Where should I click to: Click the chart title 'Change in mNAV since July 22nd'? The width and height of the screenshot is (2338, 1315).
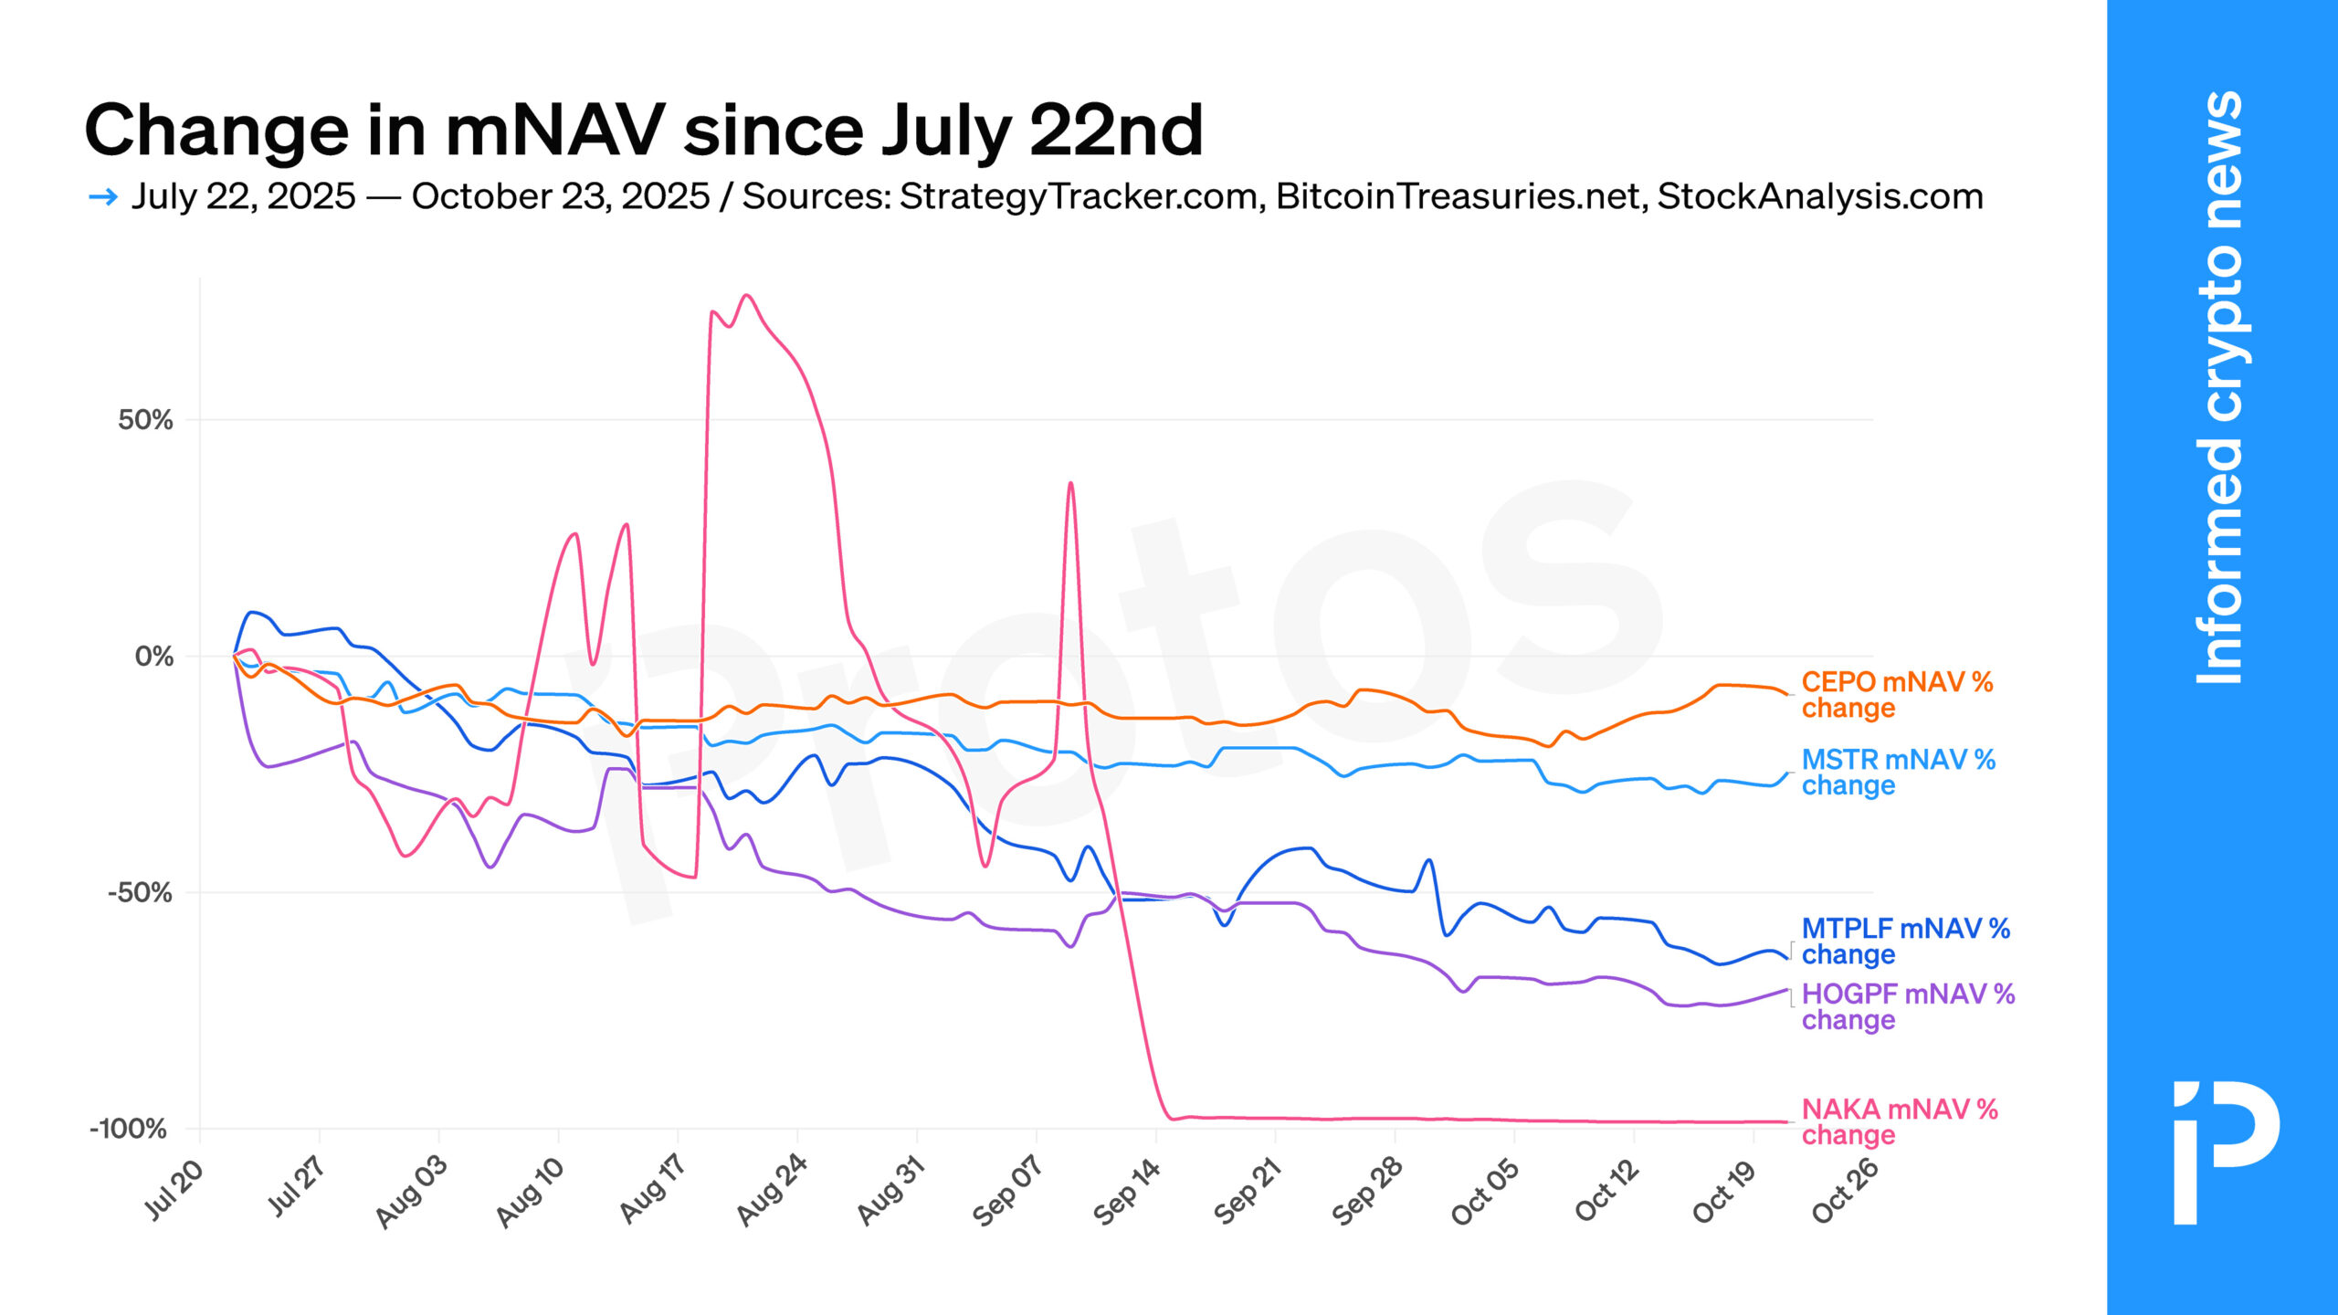[643, 131]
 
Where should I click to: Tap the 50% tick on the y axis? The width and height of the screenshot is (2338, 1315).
[145, 420]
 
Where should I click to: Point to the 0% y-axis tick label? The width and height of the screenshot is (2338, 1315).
[153, 656]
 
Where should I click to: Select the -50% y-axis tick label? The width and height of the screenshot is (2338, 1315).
[140, 892]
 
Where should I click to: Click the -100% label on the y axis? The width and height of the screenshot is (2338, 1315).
[129, 1129]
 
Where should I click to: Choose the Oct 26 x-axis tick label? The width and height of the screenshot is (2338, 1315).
[1845, 1190]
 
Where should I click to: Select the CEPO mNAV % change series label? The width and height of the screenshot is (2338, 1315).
[1896, 695]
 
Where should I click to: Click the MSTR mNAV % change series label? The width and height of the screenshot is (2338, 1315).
[1898, 773]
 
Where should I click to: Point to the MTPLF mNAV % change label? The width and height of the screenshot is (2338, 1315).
[1905, 942]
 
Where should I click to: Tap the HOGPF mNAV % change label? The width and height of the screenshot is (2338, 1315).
[1907, 1006]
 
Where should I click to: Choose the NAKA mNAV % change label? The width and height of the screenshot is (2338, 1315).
[1899, 1121]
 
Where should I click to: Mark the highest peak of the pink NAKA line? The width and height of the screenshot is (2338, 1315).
[747, 295]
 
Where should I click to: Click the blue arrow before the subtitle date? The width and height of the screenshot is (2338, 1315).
[103, 196]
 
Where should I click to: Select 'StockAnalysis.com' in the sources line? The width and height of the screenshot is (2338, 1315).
[1820, 196]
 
